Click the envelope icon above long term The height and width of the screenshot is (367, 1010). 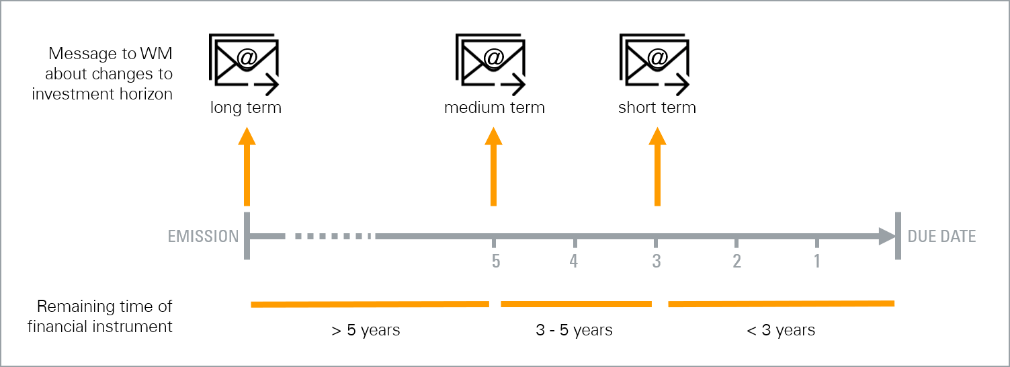pyautogui.click(x=244, y=64)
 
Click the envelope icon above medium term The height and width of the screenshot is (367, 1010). pyautogui.click(x=491, y=64)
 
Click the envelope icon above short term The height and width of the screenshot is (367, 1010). pyautogui.click(x=655, y=64)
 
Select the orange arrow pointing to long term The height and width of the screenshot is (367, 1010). pyautogui.click(x=247, y=167)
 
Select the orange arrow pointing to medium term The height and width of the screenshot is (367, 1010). pyautogui.click(x=493, y=167)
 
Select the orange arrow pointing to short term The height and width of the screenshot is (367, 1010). pyautogui.click(x=657, y=167)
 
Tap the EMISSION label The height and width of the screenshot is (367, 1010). pyautogui.click(x=203, y=236)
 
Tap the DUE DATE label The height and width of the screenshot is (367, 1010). pyautogui.click(x=941, y=236)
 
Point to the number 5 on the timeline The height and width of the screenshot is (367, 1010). pyautogui.click(x=495, y=261)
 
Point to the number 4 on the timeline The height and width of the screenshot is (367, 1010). pyautogui.click(x=573, y=261)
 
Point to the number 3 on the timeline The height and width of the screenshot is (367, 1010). pyautogui.click(x=657, y=261)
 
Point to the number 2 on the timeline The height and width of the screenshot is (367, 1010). pyautogui.click(x=737, y=261)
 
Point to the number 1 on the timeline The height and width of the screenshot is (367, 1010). pyautogui.click(x=816, y=261)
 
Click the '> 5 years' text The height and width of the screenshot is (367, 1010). pyautogui.click(x=366, y=331)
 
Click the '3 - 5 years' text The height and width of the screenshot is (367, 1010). pyautogui.click(x=574, y=330)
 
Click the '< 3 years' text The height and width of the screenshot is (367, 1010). pyautogui.click(x=781, y=330)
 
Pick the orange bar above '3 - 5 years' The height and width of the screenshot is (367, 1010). pyautogui.click(x=577, y=304)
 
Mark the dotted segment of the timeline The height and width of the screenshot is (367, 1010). pyautogui.click(x=333, y=236)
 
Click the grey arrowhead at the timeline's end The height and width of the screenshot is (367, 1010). pyautogui.click(x=887, y=236)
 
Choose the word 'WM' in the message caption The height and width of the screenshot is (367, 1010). pyautogui.click(x=156, y=54)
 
